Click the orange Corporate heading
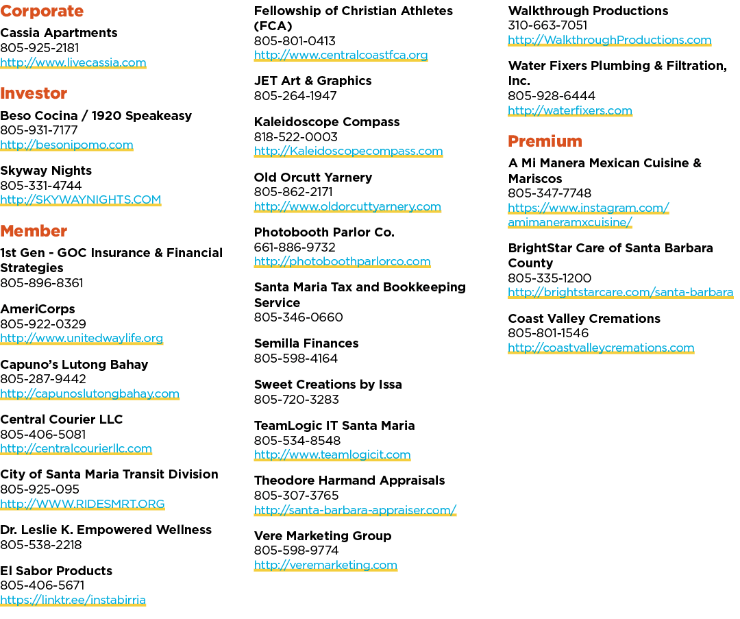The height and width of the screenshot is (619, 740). [x=42, y=12]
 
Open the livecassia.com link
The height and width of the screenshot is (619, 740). [x=73, y=63]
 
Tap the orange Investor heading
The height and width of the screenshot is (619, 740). [x=34, y=93]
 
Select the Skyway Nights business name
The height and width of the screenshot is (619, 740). [x=46, y=171]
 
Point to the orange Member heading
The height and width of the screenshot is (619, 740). [x=34, y=232]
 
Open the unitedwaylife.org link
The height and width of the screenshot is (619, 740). [x=82, y=339]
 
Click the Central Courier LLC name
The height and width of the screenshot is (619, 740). [x=62, y=420]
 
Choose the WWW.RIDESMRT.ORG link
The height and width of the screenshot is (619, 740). [x=82, y=505]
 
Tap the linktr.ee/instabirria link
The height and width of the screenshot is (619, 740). [x=73, y=600]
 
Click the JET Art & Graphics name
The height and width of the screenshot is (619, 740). [x=313, y=81]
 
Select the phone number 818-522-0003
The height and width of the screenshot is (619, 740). [x=296, y=137]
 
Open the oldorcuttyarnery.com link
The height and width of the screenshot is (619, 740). [x=347, y=207]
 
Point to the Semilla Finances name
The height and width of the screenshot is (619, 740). [x=306, y=343]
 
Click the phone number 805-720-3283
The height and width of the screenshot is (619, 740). [x=297, y=400]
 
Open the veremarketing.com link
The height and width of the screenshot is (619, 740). [x=325, y=565]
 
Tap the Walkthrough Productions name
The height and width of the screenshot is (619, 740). [x=588, y=11]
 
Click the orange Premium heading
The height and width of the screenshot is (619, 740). [x=545, y=141]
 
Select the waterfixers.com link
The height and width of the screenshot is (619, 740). [x=570, y=110]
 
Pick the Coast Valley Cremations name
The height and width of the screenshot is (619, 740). [x=584, y=319]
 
